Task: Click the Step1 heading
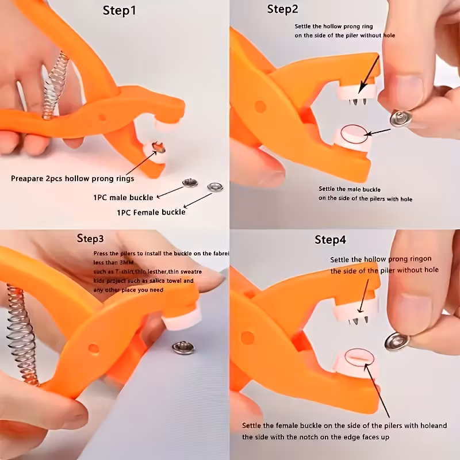click(120, 10)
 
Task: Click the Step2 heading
click(282, 9)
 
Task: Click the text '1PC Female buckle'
click(151, 212)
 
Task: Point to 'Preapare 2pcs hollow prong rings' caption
click(72, 178)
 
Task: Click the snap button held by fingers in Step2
click(398, 118)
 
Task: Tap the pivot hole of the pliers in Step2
click(260, 106)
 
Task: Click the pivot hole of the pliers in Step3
click(93, 348)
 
